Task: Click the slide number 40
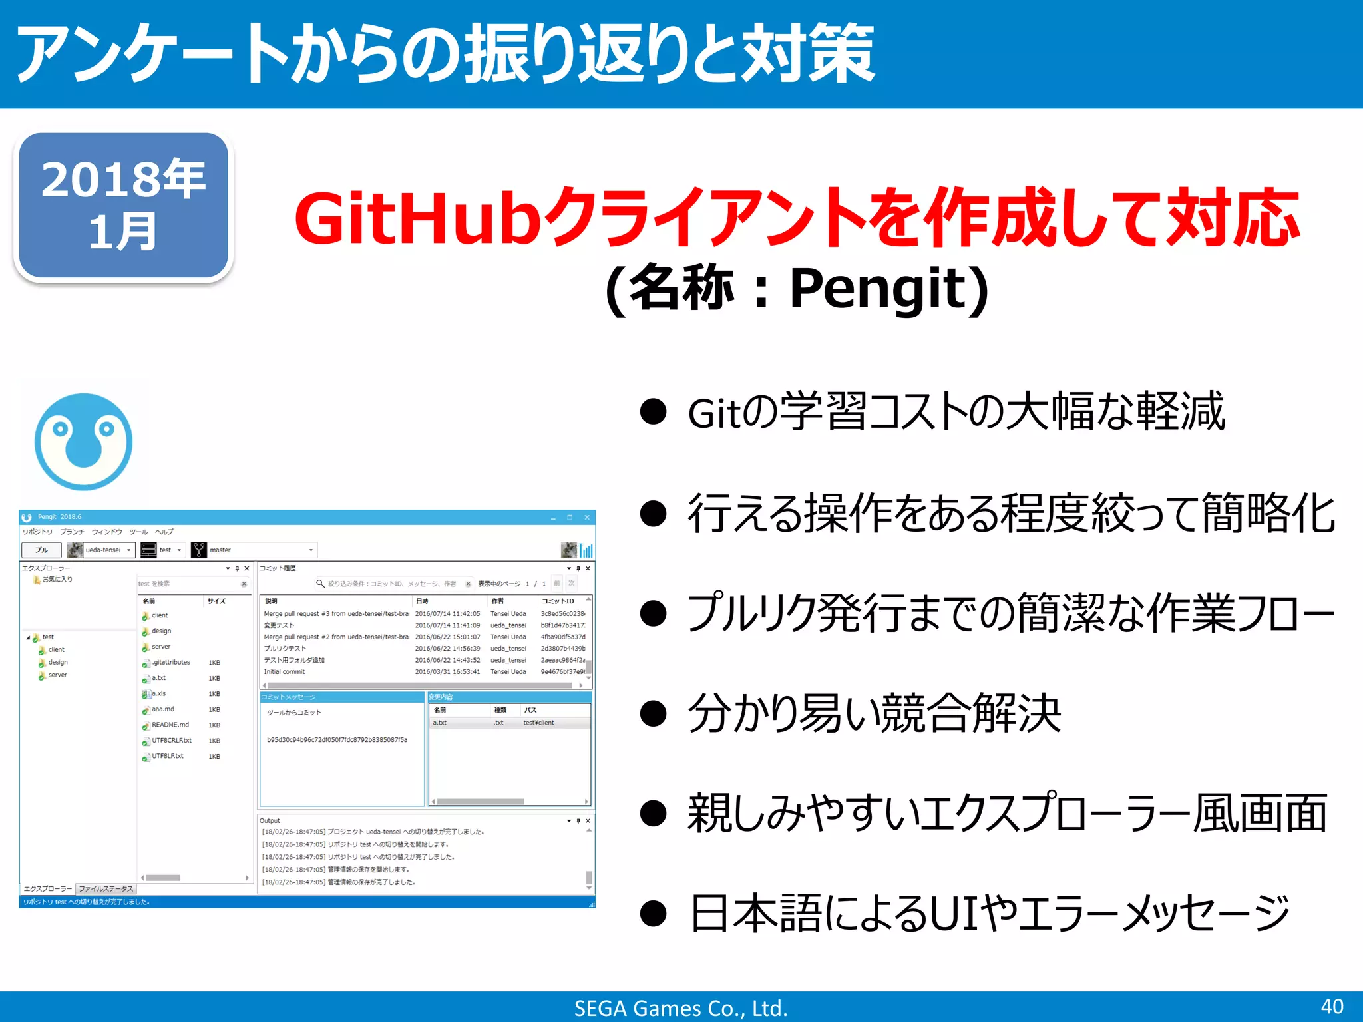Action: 1332,1006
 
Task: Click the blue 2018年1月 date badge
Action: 124,206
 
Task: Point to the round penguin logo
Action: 83,441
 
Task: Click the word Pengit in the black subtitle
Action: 878,288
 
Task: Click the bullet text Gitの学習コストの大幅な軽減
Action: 956,412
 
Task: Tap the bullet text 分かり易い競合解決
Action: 874,713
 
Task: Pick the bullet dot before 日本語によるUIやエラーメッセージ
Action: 653,914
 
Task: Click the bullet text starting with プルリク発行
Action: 1010,613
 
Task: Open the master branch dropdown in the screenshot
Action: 311,550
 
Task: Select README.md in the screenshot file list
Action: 170,725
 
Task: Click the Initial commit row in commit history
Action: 285,672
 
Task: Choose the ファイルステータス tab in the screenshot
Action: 106,889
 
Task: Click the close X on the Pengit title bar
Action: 587,517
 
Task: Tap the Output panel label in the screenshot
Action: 270,820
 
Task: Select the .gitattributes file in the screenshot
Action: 171,662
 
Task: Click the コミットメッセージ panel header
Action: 288,697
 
